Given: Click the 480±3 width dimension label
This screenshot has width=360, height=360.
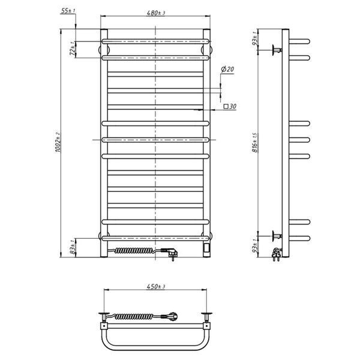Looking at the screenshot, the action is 155,13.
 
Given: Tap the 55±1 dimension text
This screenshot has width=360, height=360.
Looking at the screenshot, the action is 68,11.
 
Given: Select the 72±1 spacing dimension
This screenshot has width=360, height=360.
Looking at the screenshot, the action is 73,49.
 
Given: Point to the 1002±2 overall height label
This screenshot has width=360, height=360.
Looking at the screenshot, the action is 57,142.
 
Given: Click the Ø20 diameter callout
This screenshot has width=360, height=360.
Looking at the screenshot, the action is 227,69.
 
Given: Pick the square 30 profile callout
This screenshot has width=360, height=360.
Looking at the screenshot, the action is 230,106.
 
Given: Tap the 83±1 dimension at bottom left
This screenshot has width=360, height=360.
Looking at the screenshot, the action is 73,247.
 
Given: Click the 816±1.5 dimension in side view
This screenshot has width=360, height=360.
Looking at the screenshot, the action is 254,142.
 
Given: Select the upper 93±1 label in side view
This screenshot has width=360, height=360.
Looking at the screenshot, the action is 254,38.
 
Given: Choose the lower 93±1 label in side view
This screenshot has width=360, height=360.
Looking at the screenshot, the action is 254,246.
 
